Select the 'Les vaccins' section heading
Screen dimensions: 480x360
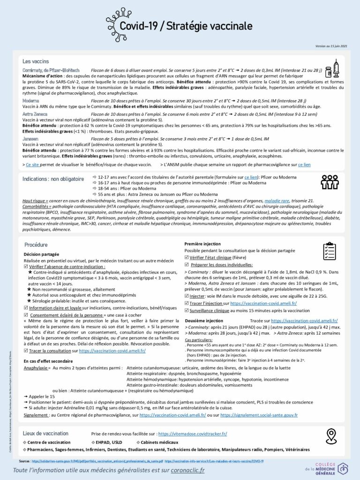tap(36, 61)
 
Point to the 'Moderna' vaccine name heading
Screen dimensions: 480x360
tap(30, 101)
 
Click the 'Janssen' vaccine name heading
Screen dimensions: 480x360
tap(30, 139)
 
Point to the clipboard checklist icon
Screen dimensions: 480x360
tap(330, 251)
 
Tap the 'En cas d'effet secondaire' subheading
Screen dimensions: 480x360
tap(48, 360)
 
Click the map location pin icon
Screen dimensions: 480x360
tap(331, 436)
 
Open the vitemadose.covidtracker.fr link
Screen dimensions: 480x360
tap(193, 434)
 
